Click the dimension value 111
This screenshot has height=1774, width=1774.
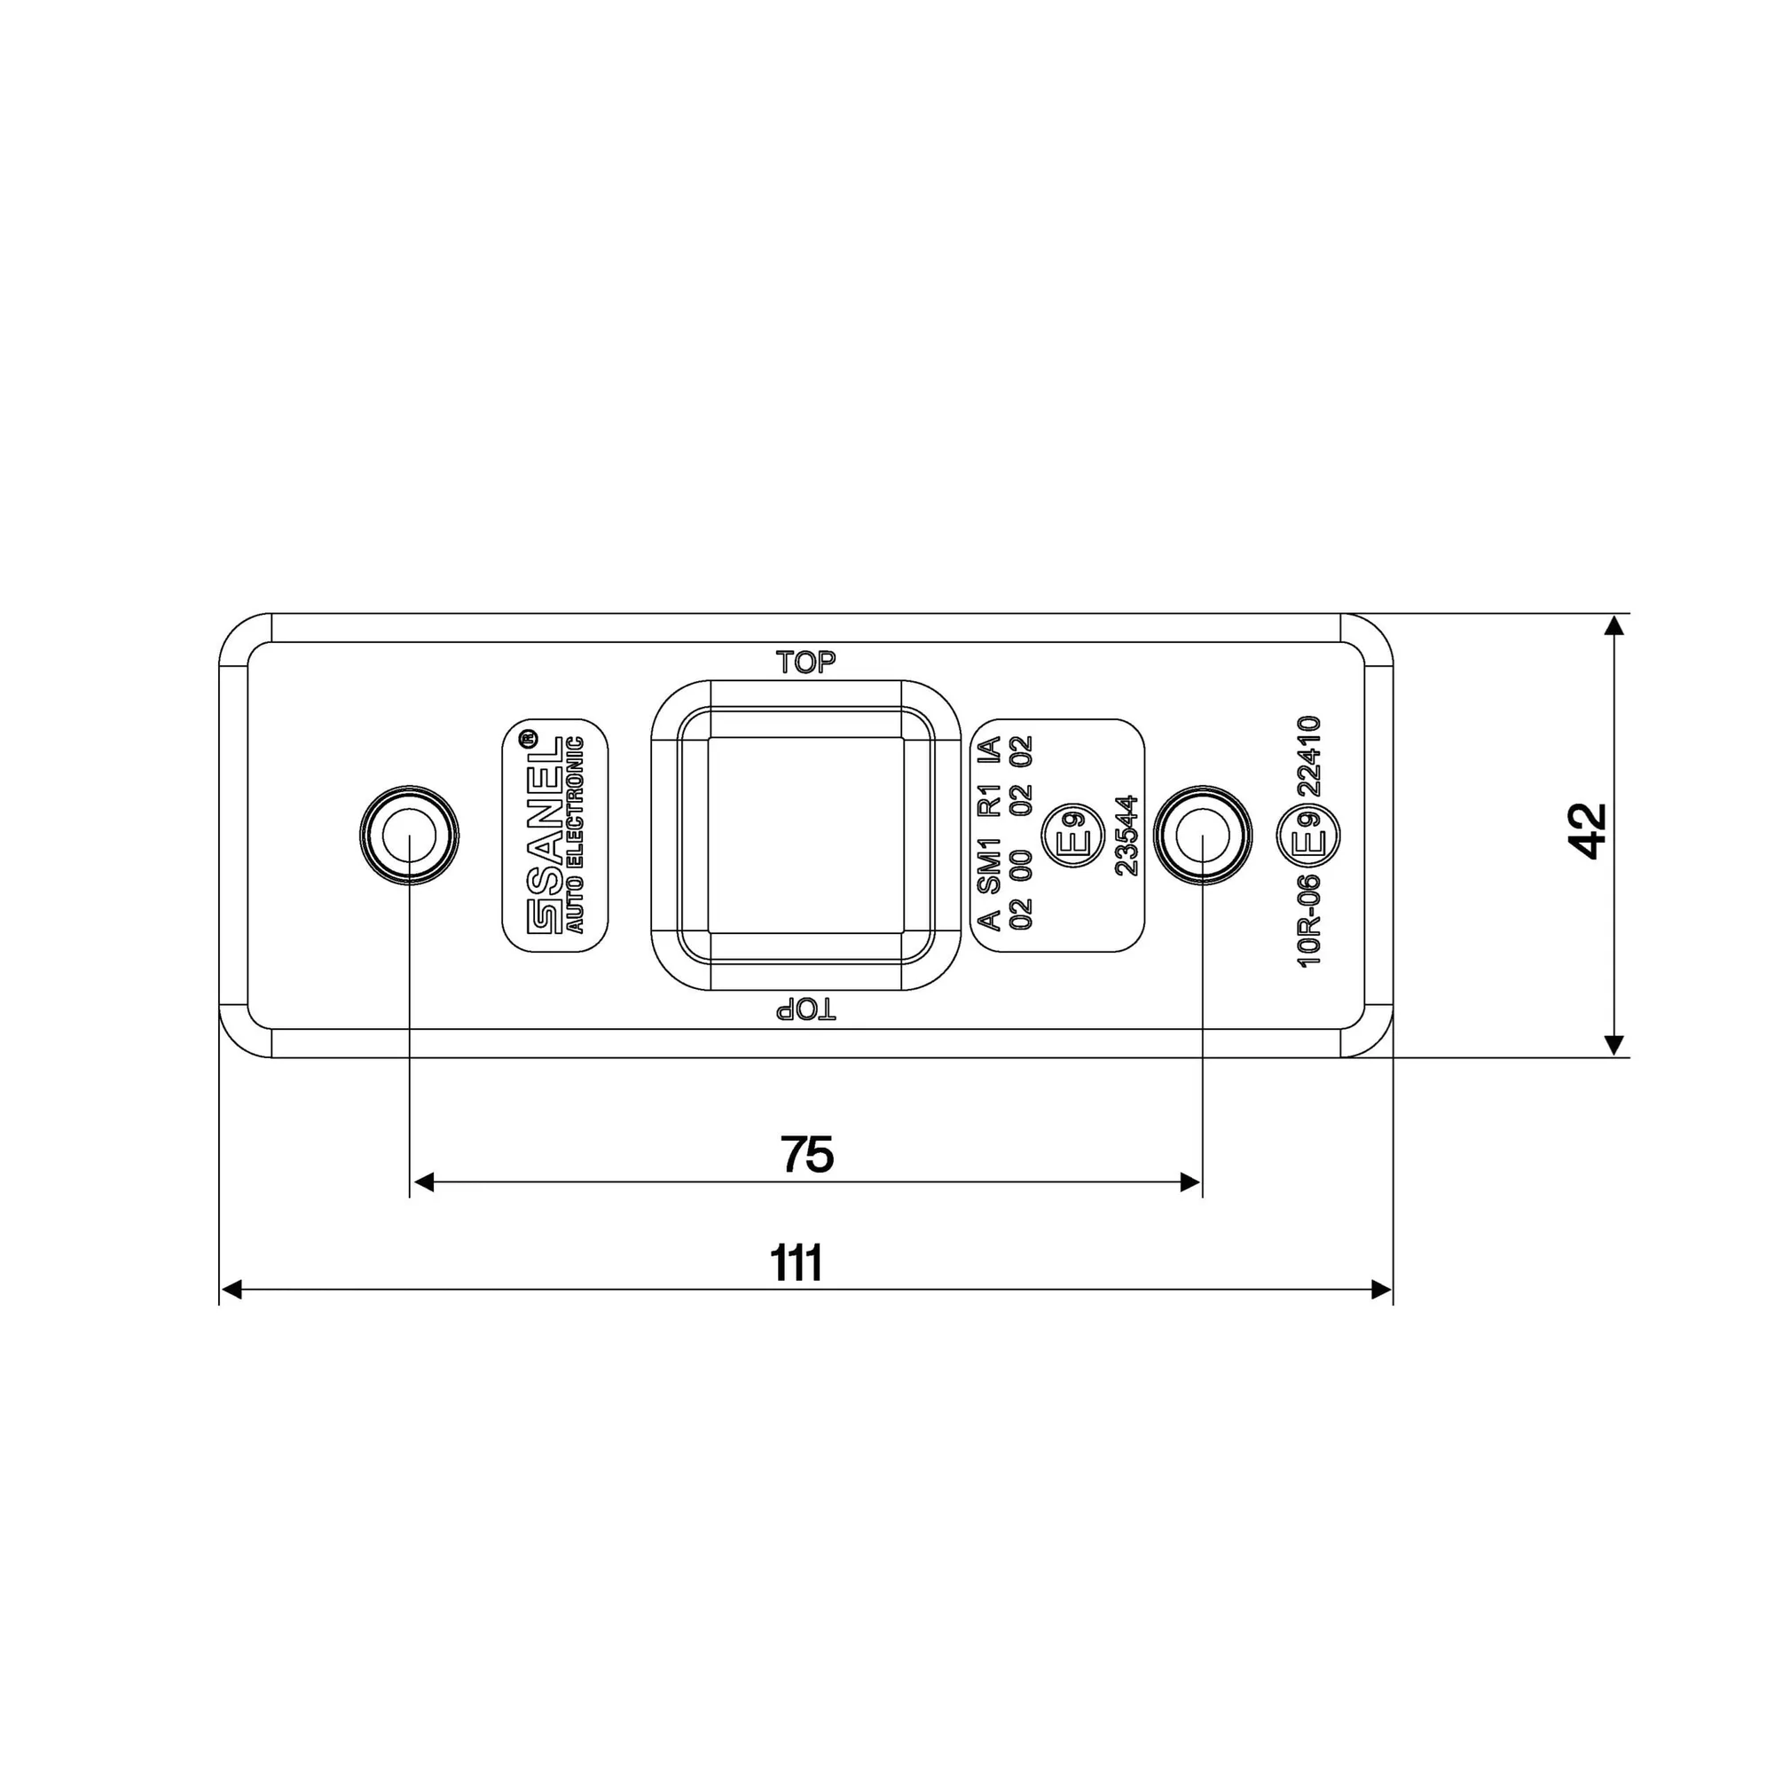797,1263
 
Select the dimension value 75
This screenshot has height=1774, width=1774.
807,1154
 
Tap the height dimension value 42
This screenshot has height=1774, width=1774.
1588,832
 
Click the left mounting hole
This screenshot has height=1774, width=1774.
410,836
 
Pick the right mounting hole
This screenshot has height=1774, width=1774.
1202,836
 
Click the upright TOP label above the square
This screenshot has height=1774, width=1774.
806,662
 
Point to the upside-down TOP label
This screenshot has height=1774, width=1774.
806,1010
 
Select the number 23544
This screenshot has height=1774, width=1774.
1126,836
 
